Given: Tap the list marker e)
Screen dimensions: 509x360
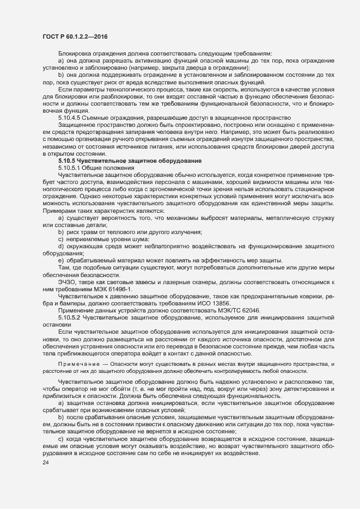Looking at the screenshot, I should coord(61,275).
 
